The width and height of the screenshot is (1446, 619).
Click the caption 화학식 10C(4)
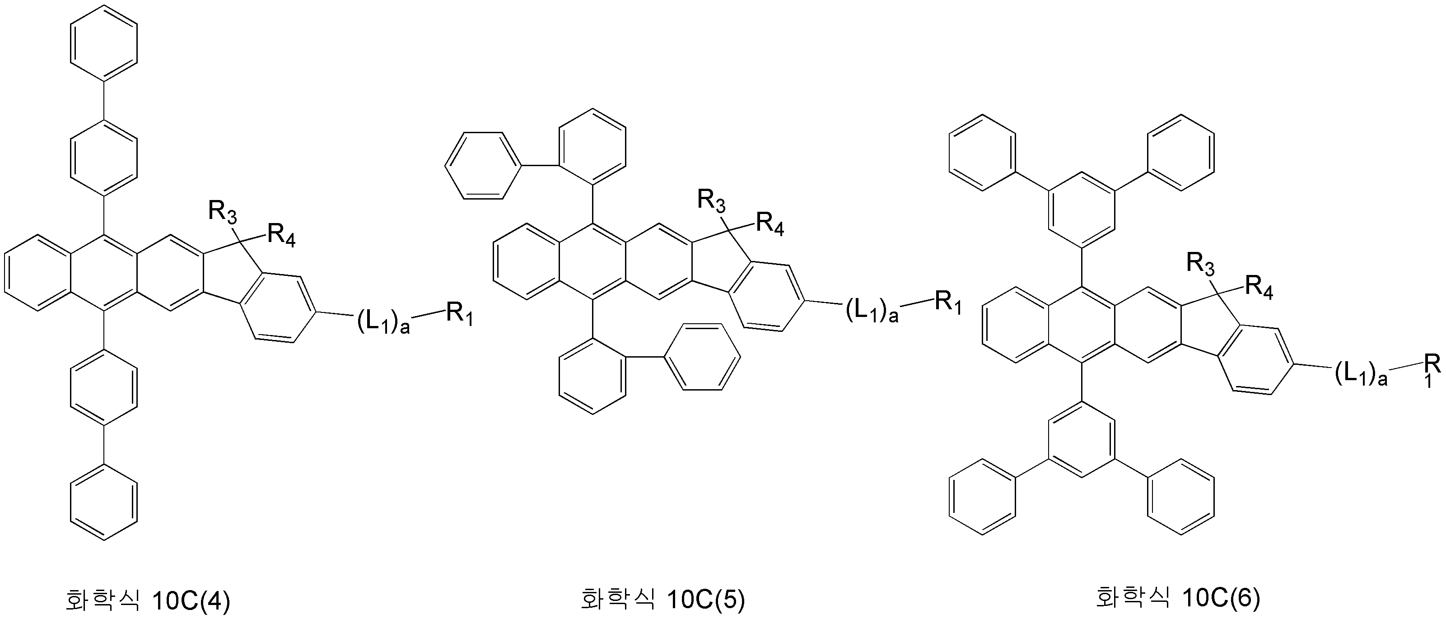tap(148, 599)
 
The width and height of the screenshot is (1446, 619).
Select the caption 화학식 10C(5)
tap(662, 599)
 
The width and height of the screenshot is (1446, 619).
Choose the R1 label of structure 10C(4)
tap(460, 316)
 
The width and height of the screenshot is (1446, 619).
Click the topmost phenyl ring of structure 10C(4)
tap(104, 43)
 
